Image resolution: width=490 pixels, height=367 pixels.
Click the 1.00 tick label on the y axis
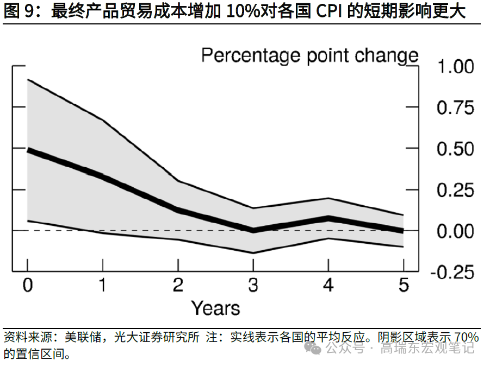click(455, 67)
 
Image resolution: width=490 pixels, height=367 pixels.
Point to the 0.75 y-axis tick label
click(455, 108)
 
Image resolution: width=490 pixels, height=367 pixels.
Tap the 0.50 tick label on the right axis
click(455, 149)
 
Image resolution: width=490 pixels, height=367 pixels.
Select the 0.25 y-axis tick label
click(455, 191)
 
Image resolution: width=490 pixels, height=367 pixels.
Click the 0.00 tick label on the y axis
click(455, 231)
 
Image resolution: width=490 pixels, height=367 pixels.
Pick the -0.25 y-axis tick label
click(452, 273)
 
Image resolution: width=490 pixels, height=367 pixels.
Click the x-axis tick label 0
click(27, 286)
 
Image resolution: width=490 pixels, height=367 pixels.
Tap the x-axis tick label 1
click(102, 286)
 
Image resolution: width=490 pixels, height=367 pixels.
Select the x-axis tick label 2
click(178, 286)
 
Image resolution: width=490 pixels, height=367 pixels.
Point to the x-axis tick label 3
click(253, 286)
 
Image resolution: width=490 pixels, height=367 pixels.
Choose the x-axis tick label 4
click(328, 286)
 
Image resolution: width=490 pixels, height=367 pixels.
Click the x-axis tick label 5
click(403, 286)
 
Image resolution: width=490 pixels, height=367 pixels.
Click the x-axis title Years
click(215, 308)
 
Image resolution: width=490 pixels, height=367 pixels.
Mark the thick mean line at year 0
click(28, 150)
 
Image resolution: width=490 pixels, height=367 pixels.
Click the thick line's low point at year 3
click(253, 230)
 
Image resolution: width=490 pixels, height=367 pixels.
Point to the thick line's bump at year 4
click(328, 218)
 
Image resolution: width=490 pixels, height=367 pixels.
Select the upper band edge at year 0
click(28, 79)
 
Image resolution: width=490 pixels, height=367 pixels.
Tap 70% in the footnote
click(466, 337)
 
